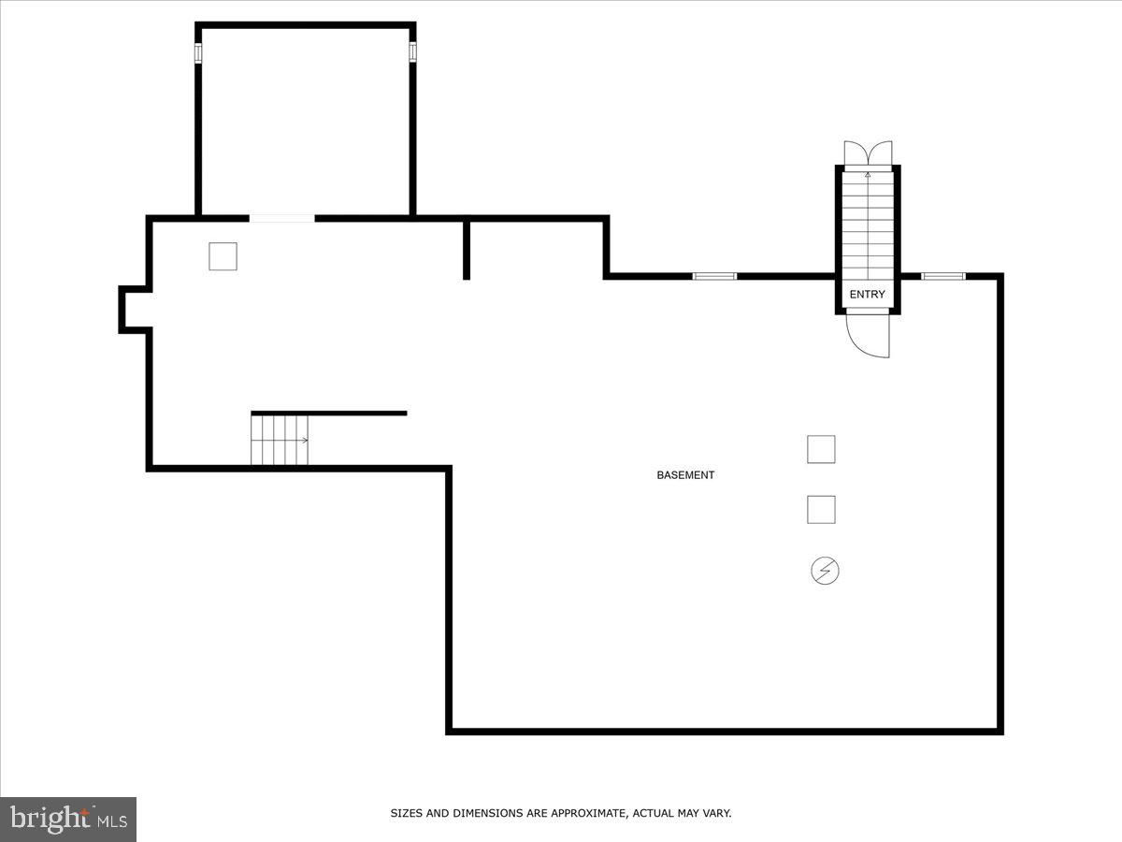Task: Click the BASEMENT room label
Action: click(685, 475)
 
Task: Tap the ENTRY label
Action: click(867, 294)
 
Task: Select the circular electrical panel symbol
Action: click(825, 571)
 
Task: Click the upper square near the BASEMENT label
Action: click(821, 449)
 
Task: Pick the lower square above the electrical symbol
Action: click(821, 510)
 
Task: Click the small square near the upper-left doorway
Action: click(223, 256)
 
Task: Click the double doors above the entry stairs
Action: click(868, 152)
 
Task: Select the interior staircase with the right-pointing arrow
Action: click(280, 440)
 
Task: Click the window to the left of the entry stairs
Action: click(714, 277)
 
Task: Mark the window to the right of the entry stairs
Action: click(943, 277)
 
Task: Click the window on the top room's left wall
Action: click(198, 52)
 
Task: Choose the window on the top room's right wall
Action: click(412, 51)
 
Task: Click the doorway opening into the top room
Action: click(281, 219)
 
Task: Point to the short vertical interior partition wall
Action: click(467, 250)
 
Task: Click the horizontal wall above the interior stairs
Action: click(329, 414)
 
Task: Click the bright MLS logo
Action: click(68, 819)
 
